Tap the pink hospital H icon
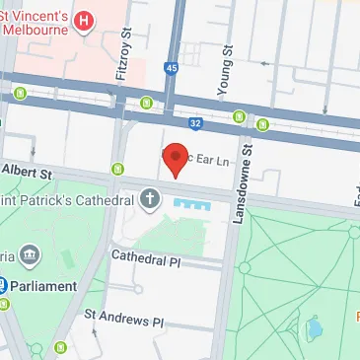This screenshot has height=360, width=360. [86, 20]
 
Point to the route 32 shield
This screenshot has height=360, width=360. [194, 123]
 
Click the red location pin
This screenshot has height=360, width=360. [176, 158]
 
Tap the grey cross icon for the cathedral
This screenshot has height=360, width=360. [150, 200]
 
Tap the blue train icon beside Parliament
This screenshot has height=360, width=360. [4, 286]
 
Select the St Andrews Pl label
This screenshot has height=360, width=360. [123, 321]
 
